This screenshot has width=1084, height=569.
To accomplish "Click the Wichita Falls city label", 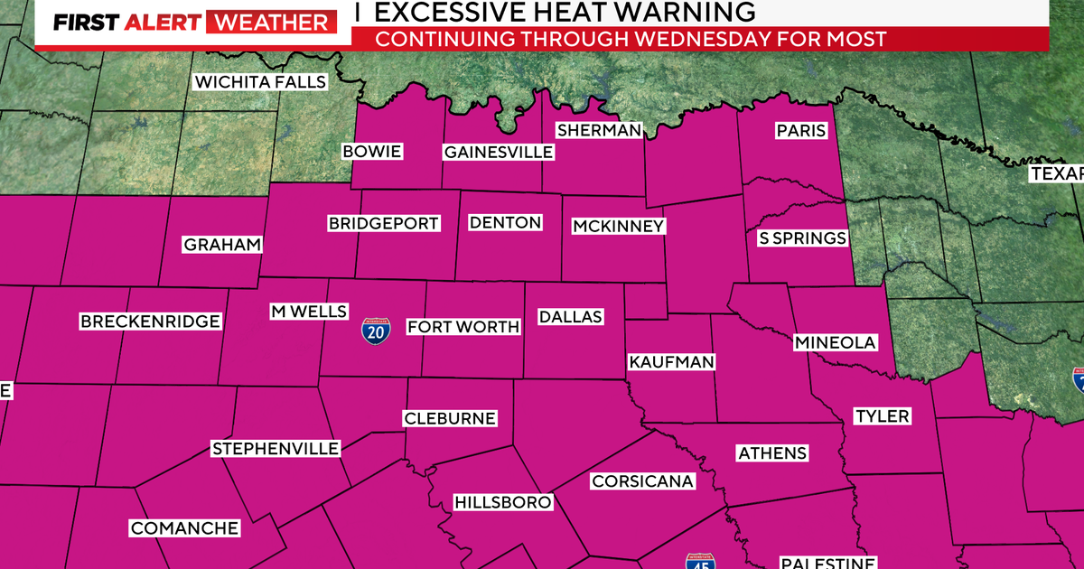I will coord(260,82).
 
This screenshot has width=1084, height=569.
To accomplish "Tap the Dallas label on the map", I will coord(570,317).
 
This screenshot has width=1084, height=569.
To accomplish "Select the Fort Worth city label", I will coord(463,327).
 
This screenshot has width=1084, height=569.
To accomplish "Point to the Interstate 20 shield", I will coord(376,331).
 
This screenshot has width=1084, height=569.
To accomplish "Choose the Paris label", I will coord(801,131).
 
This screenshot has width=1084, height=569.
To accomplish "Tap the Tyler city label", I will coord(883,416).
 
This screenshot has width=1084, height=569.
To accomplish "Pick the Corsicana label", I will coord(643,481).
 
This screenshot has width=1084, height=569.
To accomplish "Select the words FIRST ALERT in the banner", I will coord(126,23).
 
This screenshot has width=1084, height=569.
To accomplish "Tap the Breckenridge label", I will coord(150,322).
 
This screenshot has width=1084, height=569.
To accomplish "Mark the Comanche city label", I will coord(184,528).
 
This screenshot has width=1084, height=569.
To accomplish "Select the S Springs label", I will coord(802,238).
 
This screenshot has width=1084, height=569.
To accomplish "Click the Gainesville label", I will coord(498,152).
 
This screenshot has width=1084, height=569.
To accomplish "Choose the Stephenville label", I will coord(276,449).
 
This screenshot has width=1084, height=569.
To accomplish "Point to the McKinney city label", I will coord(619,227).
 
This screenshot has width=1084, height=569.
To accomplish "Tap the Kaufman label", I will coord(671,362).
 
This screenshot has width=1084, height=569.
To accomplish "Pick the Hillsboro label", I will coord(502,502).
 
